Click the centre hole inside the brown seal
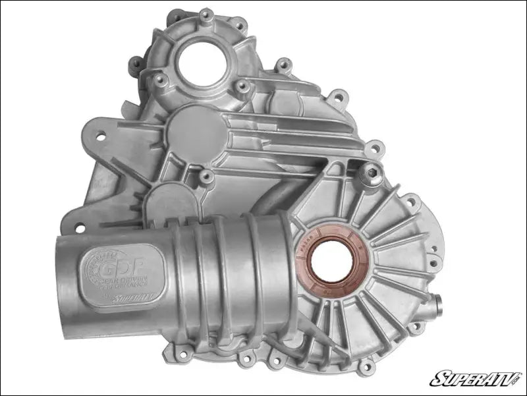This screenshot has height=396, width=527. (x=329, y=258)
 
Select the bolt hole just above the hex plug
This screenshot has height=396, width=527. (x=374, y=149)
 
